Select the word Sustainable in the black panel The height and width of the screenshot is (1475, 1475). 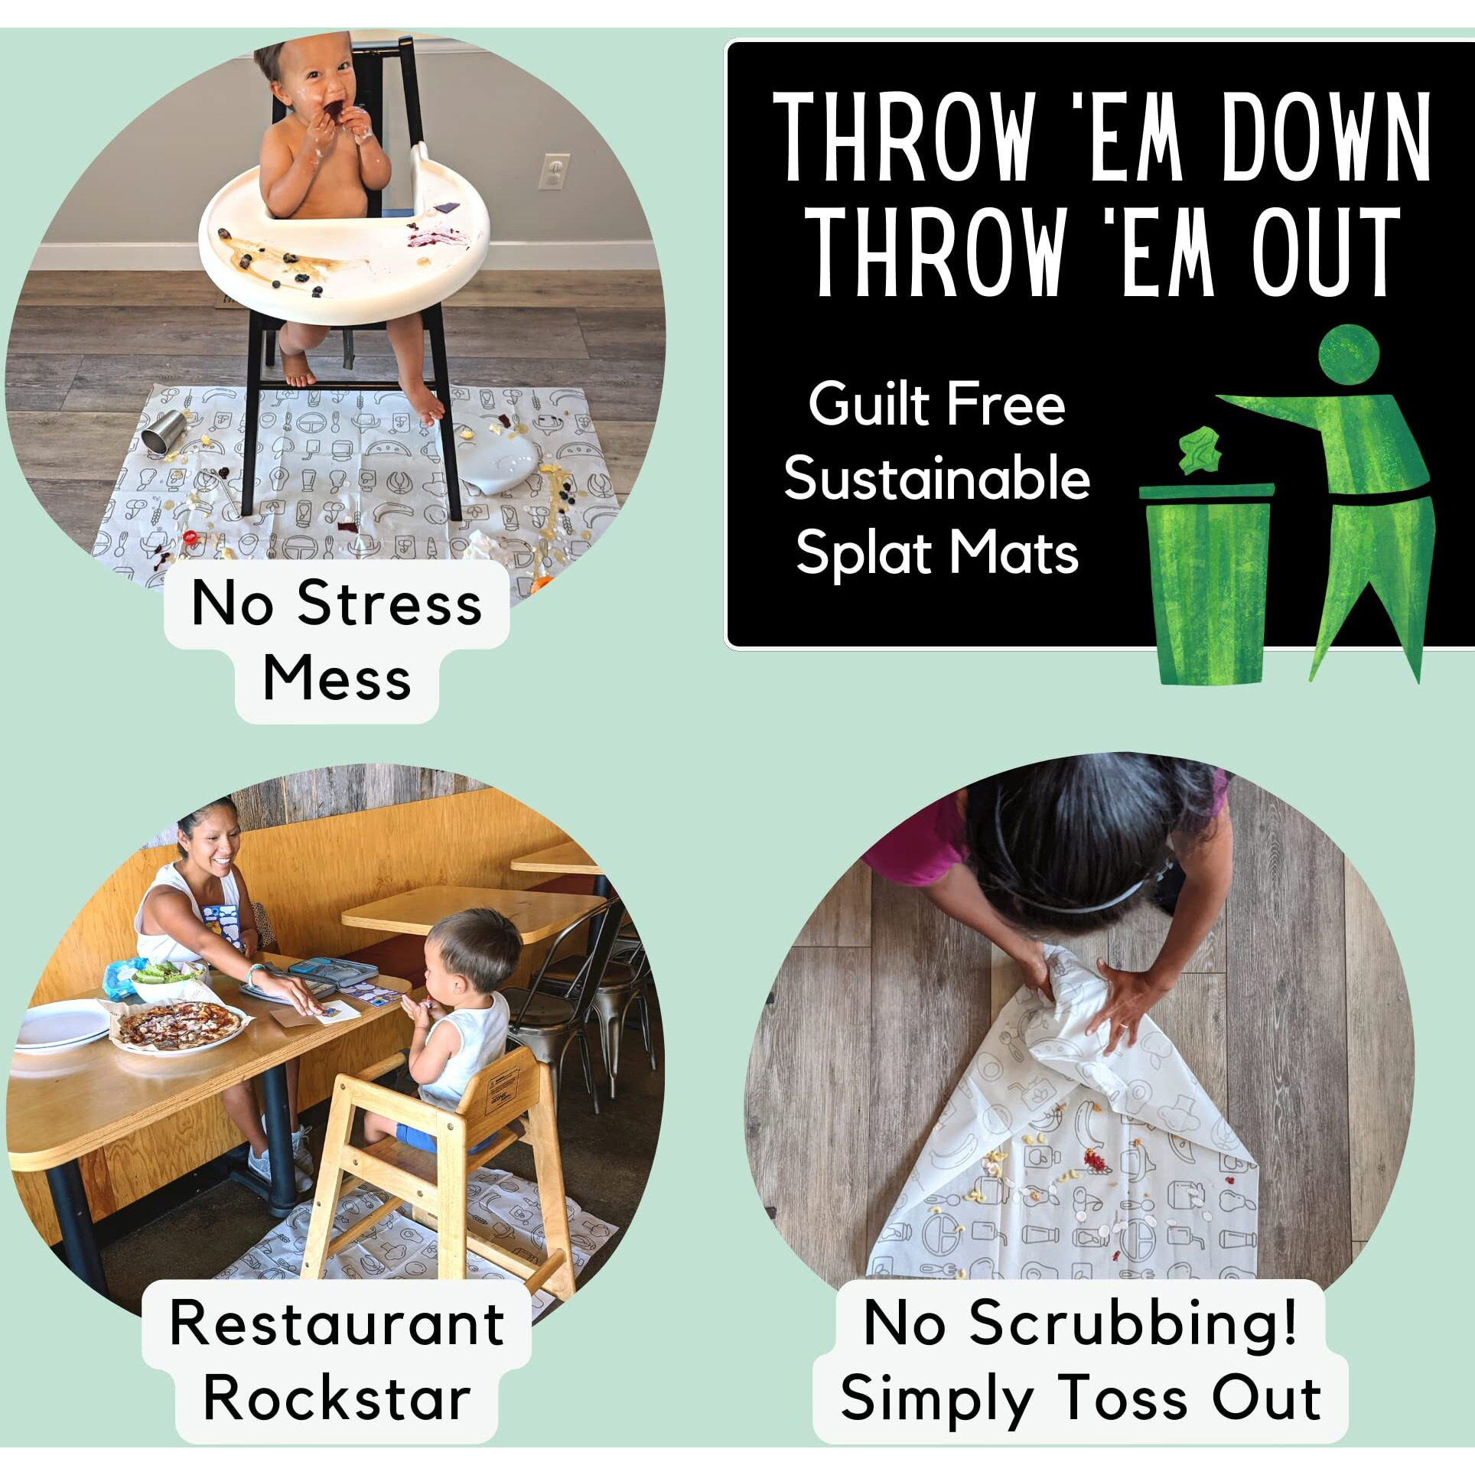tap(936, 478)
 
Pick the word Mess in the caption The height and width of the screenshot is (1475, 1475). tap(337, 678)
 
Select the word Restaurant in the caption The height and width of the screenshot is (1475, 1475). tap(337, 1324)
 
